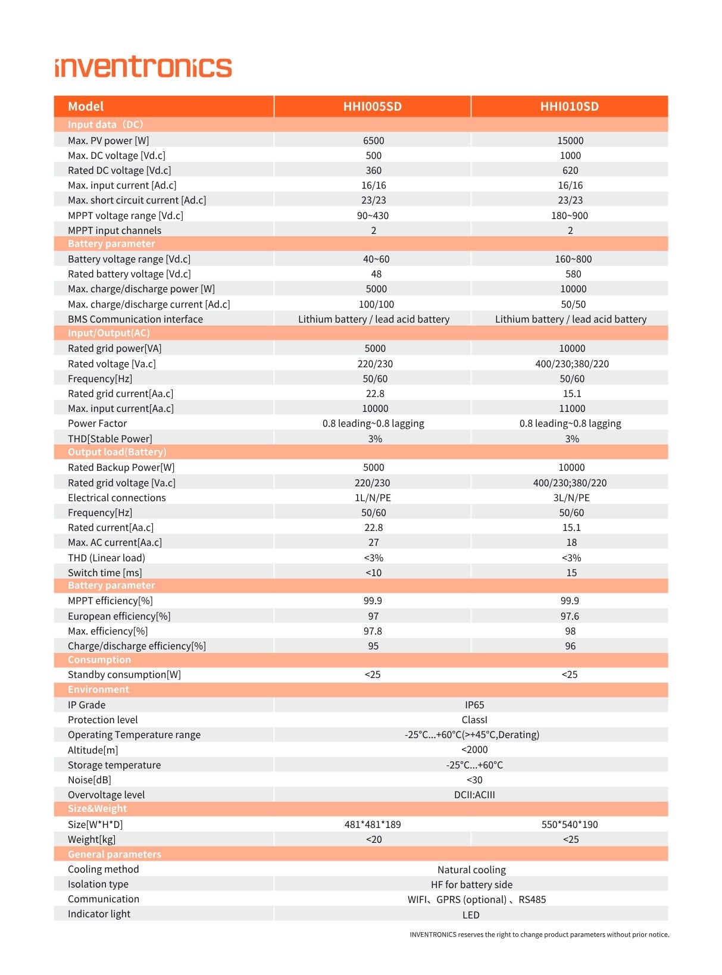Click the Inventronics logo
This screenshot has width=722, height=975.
[x=143, y=67]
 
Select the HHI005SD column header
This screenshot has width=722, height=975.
[x=373, y=107]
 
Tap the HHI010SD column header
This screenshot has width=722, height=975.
[x=569, y=107]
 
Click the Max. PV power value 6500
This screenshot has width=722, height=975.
[x=373, y=140]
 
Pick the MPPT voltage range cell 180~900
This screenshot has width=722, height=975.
[x=570, y=215]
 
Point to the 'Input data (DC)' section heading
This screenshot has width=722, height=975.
[x=105, y=124]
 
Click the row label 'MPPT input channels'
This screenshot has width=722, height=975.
[x=114, y=230]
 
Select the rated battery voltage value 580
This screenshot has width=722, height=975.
[x=573, y=274]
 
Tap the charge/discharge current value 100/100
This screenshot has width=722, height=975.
[x=376, y=304]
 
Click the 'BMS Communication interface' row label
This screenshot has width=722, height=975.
[x=135, y=319]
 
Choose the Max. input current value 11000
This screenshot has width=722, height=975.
[x=572, y=408]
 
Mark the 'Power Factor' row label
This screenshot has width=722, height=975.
[x=97, y=423]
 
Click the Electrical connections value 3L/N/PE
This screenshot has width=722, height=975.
[x=571, y=498]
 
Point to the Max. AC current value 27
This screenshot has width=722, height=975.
[x=373, y=542]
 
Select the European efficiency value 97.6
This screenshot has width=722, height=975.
[x=570, y=616]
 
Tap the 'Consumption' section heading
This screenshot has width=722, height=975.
[x=99, y=660]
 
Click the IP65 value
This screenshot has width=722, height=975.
[x=474, y=705]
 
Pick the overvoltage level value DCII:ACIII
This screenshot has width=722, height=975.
[x=474, y=795]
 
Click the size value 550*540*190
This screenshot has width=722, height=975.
[x=570, y=824]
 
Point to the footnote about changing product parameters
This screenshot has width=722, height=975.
[x=539, y=935]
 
